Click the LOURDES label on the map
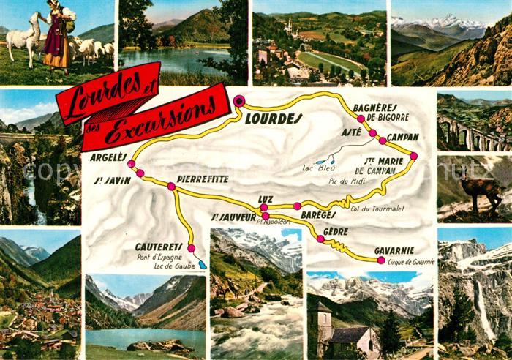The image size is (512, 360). pos(273,118)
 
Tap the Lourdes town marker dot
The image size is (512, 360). pos(239,100)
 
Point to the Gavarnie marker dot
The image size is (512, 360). pos(380,260)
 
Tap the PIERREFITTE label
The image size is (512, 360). pos(203,179)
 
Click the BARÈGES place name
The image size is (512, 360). pos(317,215)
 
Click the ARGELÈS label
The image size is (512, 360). pos(109,157)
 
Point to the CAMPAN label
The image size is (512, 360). pos(402,137)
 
